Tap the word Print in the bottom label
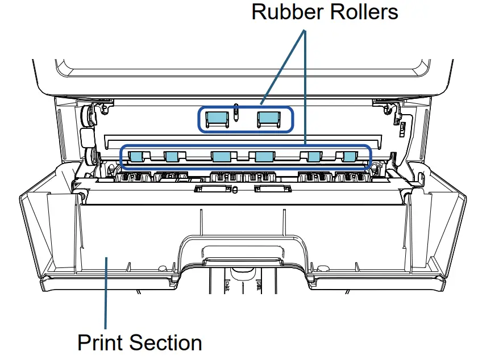101,343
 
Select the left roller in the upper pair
216,119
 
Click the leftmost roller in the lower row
136,156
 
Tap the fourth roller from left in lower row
264,156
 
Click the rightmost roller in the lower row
348,156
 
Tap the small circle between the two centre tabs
235,190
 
